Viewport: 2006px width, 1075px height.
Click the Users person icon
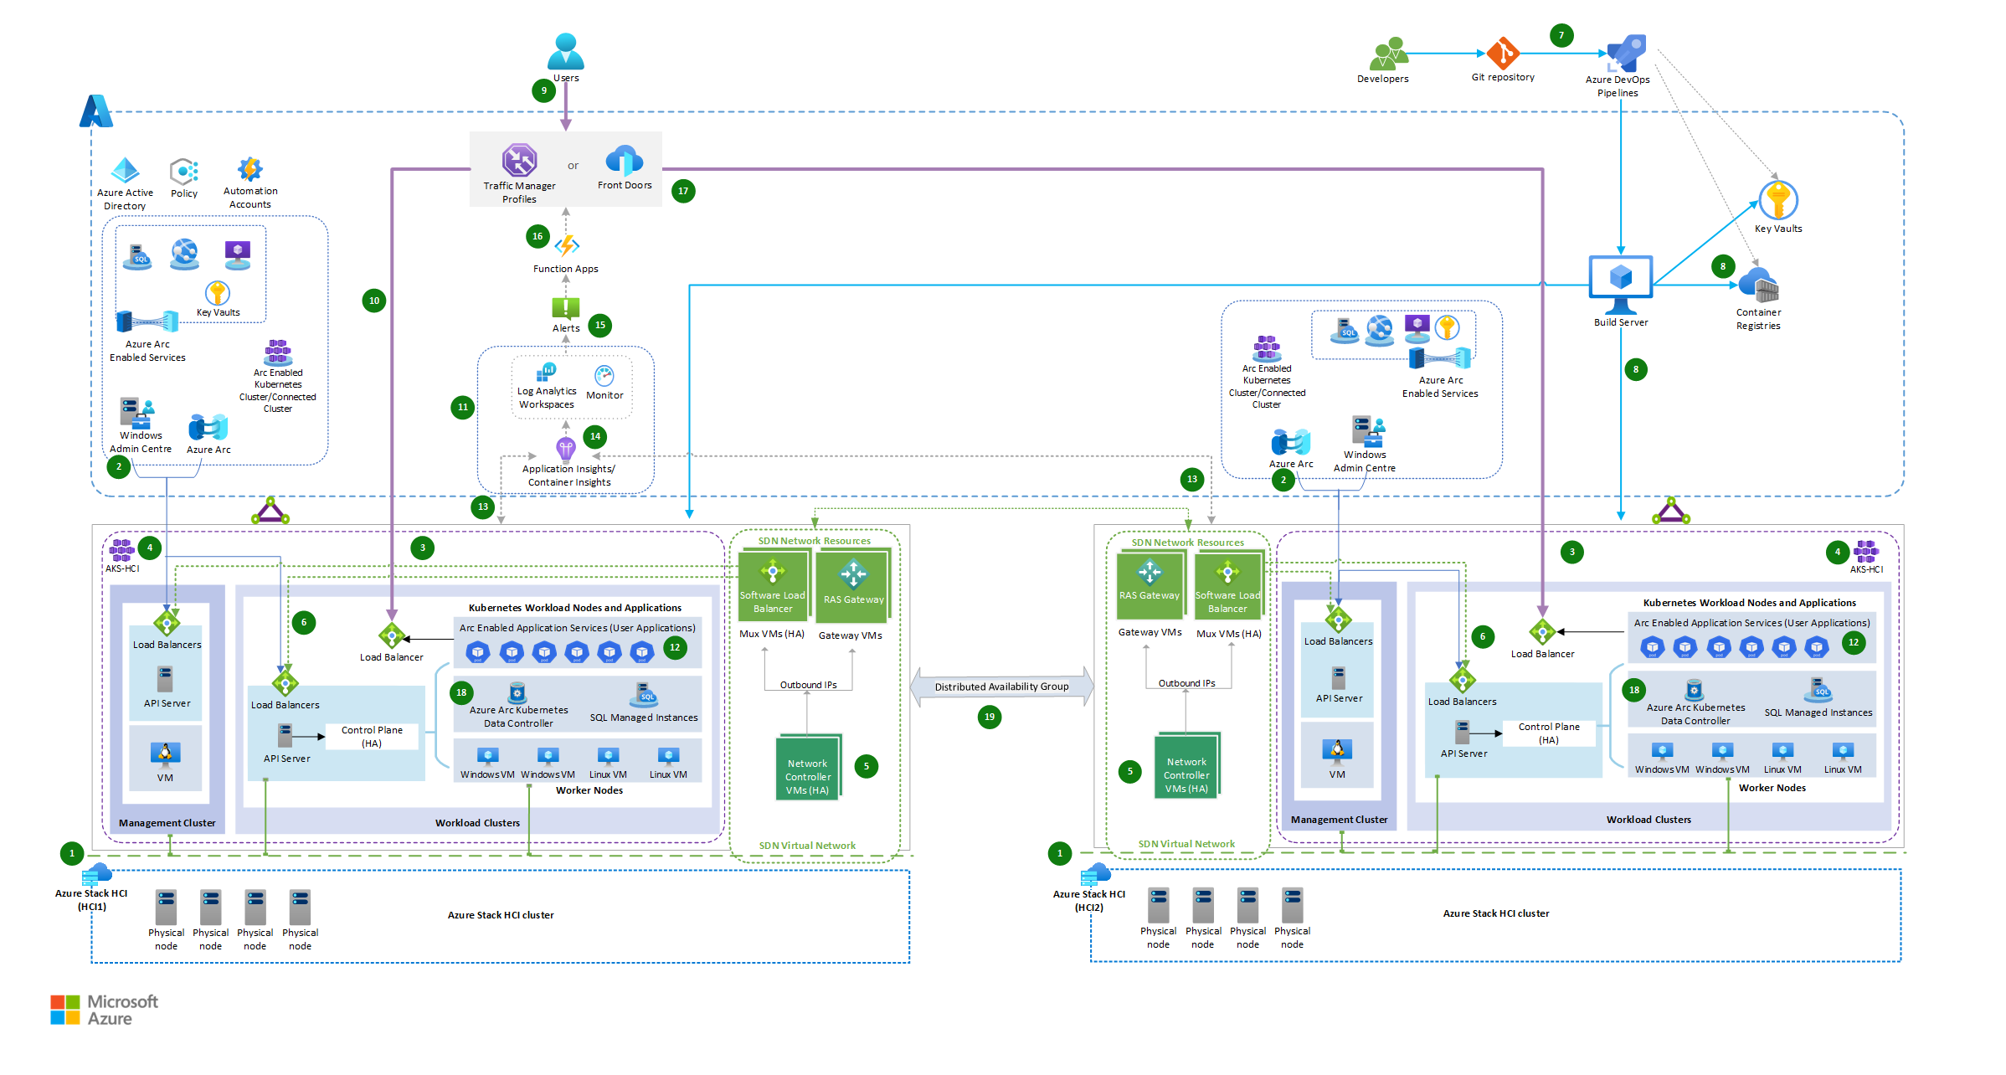[566, 51]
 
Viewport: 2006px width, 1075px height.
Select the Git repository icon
[1503, 54]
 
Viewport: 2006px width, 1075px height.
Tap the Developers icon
[1389, 54]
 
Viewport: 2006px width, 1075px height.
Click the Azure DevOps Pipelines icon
[1626, 53]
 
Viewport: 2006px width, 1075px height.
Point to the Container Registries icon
[1758, 285]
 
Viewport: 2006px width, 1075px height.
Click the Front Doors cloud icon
[624, 161]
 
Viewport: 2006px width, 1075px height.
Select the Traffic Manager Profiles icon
[519, 160]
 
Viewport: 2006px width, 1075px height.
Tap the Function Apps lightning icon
[567, 245]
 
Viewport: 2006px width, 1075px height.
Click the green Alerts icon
[566, 308]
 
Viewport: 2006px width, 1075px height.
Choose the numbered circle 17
[683, 191]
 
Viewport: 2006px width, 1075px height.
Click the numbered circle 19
[990, 717]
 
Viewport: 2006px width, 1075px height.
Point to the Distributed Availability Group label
[1001, 687]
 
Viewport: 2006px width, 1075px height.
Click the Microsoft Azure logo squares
[64, 1010]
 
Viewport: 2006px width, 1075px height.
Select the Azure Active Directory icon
[126, 171]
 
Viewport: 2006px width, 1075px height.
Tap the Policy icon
[184, 172]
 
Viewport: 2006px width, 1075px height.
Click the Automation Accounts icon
[249, 169]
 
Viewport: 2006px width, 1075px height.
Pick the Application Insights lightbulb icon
[566, 449]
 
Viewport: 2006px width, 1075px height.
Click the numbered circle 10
[374, 301]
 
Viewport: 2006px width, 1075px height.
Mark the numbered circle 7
[1561, 35]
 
